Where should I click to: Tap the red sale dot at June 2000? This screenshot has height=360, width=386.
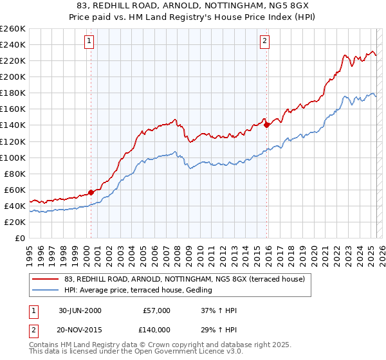(91, 192)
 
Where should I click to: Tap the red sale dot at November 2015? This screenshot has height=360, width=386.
(266, 125)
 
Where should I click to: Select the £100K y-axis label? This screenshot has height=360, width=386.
(13, 157)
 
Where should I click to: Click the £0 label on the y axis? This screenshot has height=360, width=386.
(21, 238)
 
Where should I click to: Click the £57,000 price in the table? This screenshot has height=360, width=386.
(156, 310)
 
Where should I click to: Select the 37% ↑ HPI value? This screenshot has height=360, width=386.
(219, 310)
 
